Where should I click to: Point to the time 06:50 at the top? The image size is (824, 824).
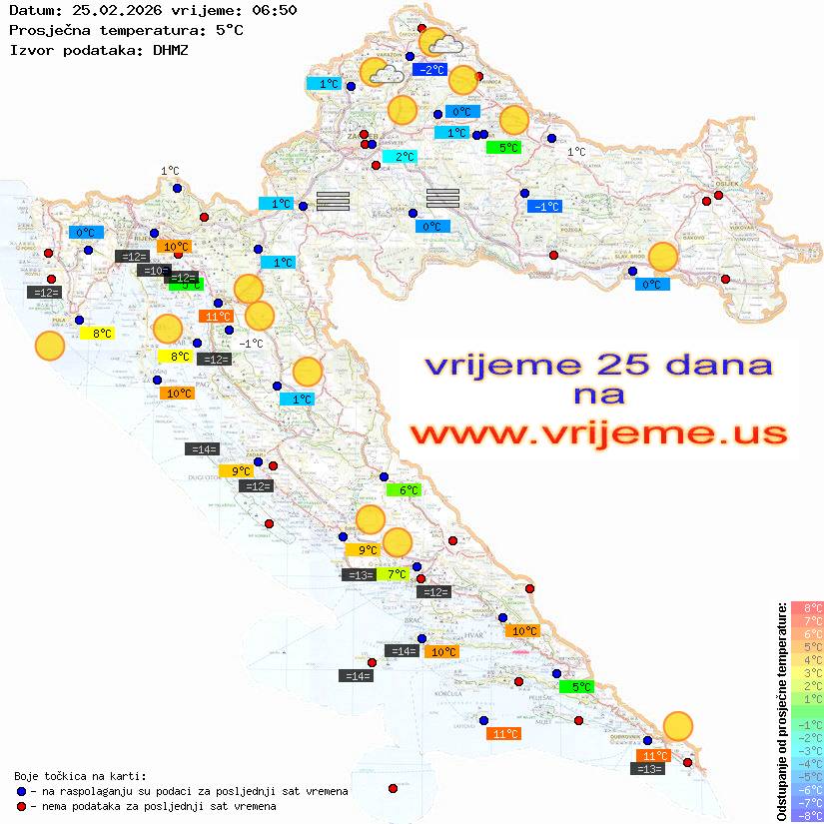pos(272,10)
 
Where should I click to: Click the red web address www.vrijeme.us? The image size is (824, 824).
pos(598,433)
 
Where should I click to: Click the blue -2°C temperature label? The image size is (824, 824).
pos(430,70)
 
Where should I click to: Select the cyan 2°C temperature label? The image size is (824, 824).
pos(400,157)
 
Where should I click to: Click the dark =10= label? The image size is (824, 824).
pos(153,271)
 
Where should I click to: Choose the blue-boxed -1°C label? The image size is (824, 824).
pos(545,206)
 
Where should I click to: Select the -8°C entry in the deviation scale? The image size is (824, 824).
pos(805,815)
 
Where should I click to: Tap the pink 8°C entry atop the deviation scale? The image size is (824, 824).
pos(805,607)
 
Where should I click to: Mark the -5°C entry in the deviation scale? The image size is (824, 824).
pos(805,776)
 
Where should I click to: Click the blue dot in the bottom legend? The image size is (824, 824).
pos(22,791)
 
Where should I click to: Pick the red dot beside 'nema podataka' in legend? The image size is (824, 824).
pos(22,806)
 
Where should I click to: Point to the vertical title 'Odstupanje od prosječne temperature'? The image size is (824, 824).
pos(781,711)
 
